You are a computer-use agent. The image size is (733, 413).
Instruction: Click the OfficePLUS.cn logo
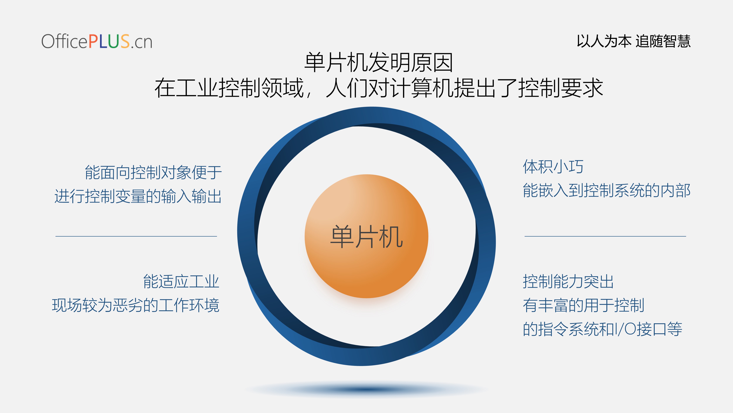coord(97,41)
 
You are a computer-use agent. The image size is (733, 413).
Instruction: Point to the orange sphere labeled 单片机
coord(366,236)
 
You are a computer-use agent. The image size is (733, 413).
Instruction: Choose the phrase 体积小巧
coord(553,167)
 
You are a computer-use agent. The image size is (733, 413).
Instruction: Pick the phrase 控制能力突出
coord(568,282)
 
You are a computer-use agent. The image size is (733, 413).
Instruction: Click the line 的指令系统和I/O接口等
coord(602,329)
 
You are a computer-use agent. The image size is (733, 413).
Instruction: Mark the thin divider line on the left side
coord(136,236)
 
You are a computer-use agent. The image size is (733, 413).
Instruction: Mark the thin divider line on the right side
coord(605,236)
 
